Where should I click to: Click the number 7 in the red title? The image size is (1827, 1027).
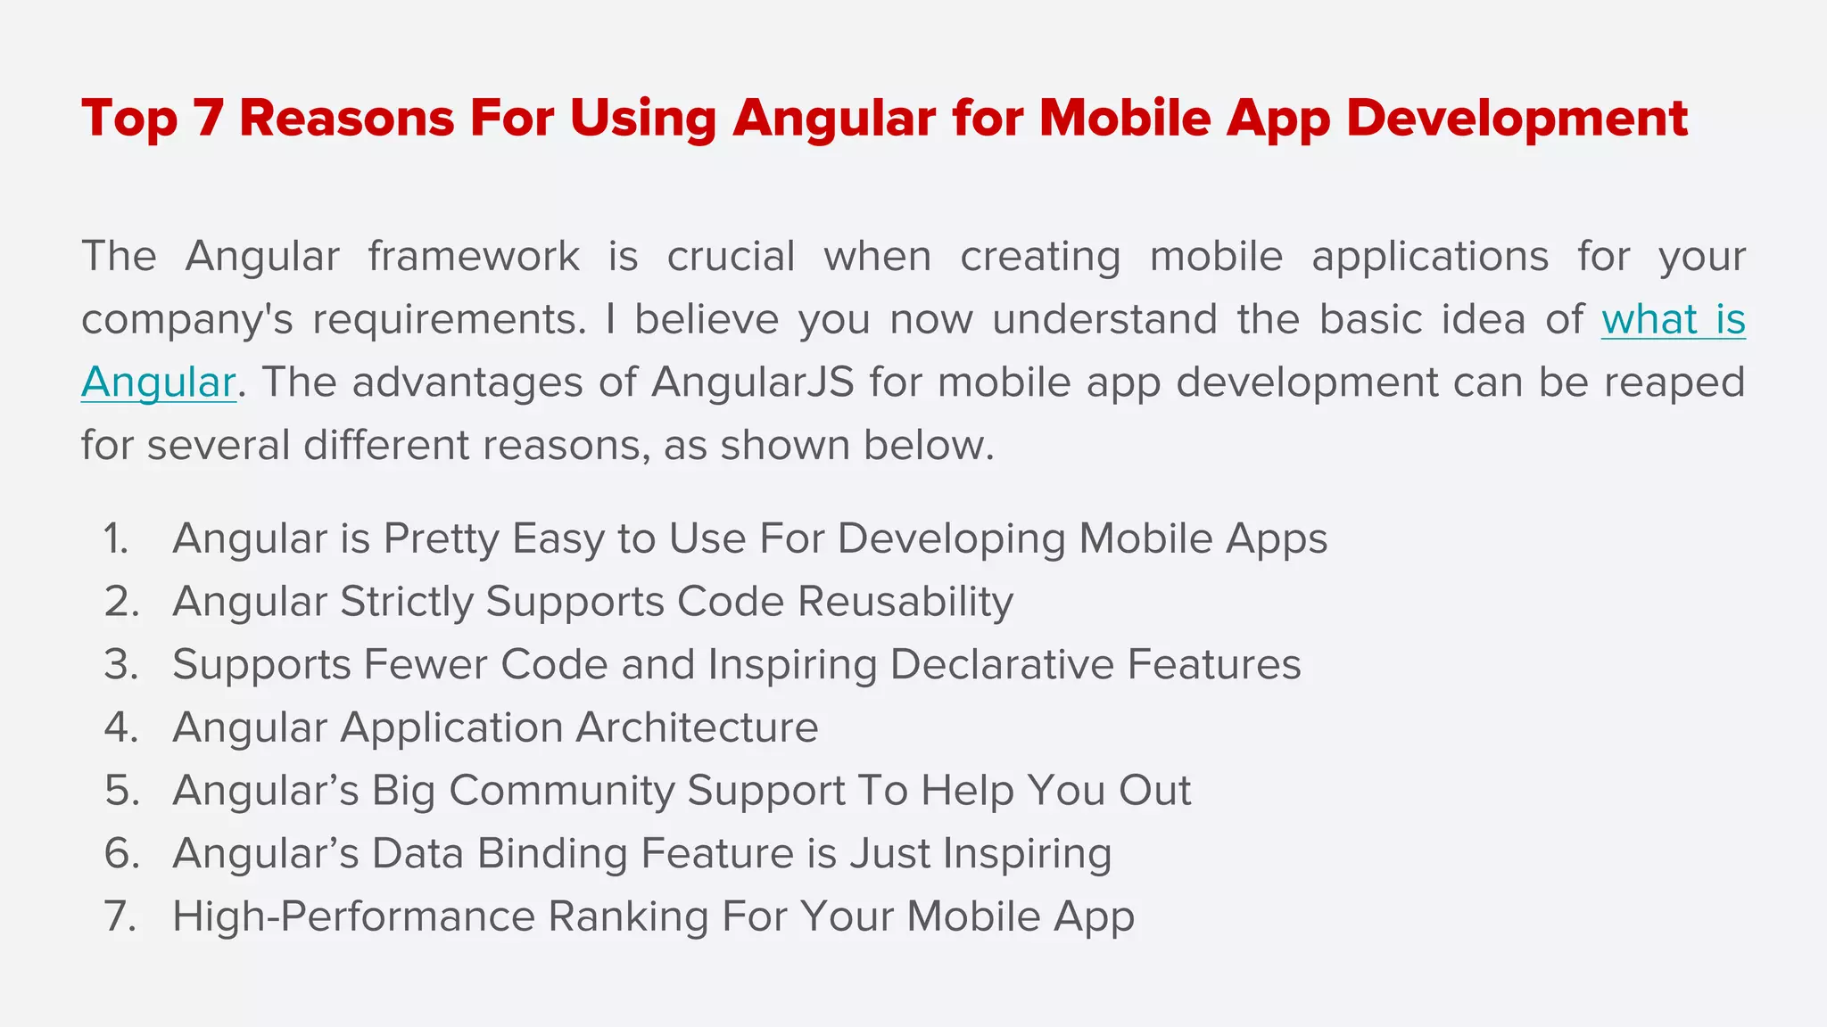(207, 119)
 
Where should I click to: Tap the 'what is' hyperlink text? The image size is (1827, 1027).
(1673, 320)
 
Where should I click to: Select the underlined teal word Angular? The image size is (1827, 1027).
(158, 383)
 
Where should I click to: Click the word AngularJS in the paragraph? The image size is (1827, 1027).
(753, 383)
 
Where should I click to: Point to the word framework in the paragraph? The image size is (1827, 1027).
(474, 257)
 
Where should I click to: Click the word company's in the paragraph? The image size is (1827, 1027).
(186, 320)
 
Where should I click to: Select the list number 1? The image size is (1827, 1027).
(116, 539)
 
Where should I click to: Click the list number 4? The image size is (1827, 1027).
(121, 728)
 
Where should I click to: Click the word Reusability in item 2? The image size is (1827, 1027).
(905, 602)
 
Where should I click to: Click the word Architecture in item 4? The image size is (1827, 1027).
(697, 728)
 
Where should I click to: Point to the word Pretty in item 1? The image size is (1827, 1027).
(441, 539)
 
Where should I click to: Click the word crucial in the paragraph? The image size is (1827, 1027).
(731, 257)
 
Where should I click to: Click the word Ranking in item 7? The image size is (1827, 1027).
(628, 917)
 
